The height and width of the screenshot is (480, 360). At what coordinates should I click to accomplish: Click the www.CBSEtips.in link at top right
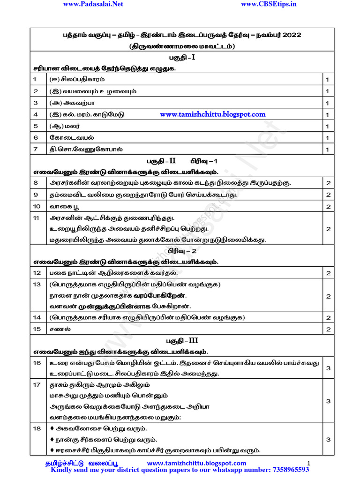coord(269,4)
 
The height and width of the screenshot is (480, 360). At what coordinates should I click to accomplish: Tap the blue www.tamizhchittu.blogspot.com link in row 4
coord(212,114)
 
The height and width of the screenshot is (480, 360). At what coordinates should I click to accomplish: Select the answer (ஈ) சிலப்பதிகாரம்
coord(77,79)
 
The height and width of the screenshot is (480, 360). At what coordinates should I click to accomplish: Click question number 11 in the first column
coord(37,218)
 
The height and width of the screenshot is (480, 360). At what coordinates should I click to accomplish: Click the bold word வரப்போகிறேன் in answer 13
coord(161,296)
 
